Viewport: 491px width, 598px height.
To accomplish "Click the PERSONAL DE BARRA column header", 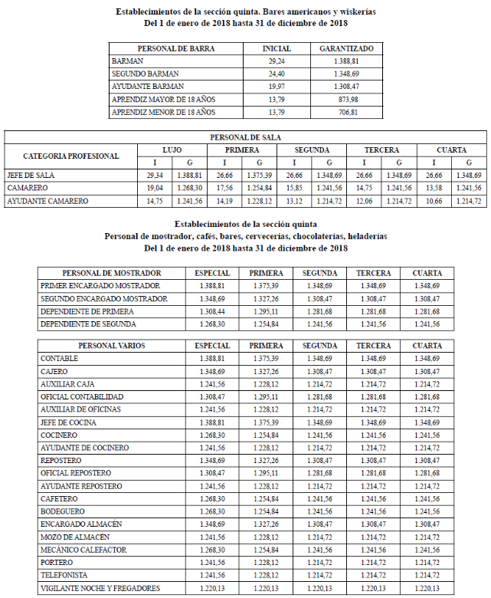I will coord(175,48).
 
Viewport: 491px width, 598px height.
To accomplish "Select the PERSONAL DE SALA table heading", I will coord(246,137).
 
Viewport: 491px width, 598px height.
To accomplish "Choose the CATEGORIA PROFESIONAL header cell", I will coord(71,156).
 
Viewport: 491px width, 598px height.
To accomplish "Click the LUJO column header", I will coord(172,149).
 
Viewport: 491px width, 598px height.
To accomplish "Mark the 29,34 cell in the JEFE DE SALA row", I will coord(155,175).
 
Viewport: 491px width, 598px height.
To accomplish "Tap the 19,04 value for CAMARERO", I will coord(155,188).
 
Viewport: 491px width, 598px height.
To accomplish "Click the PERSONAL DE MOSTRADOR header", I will coord(112,273).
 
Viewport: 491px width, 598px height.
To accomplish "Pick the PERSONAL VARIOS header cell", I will coord(112,346).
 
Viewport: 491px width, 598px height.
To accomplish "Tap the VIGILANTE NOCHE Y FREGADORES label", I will coord(100,588).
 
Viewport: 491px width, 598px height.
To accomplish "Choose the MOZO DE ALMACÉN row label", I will coord(74,537).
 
